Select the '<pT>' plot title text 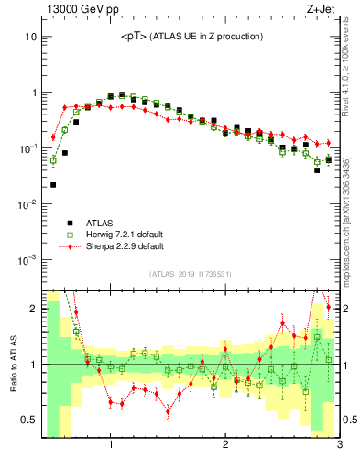[192, 37]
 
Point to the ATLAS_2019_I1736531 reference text [191, 274]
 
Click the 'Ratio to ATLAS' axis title [14, 364]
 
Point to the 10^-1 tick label [27, 148]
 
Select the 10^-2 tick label [27, 203]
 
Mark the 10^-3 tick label [27, 259]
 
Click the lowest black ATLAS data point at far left [53, 185]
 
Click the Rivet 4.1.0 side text [351, 64]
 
